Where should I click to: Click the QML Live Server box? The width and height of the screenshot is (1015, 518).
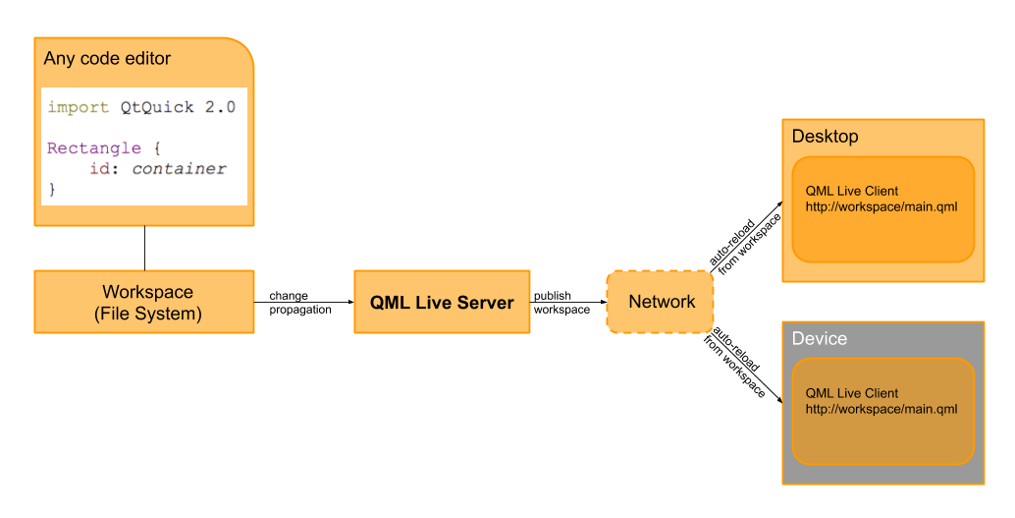pyautogui.click(x=442, y=302)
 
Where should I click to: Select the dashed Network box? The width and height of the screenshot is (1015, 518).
pyautogui.click(x=660, y=302)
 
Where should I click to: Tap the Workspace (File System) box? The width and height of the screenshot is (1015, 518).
pyautogui.click(x=144, y=302)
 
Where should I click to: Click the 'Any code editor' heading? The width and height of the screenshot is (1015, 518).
pyautogui.click(x=107, y=59)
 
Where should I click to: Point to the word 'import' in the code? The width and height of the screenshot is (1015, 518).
pyautogui.click(x=79, y=107)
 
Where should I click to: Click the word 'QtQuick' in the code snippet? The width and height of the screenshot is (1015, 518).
pyautogui.click(x=157, y=107)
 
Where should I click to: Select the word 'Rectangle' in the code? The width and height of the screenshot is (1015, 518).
pyautogui.click(x=93, y=148)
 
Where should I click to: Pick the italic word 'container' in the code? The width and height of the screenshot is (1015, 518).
pyautogui.click(x=179, y=169)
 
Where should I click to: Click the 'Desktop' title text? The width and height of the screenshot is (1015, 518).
pyautogui.click(x=825, y=137)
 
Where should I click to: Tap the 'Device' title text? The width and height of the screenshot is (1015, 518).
pyautogui.click(x=819, y=339)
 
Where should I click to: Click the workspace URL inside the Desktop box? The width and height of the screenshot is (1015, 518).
pyautogui.click(x=881, y=207)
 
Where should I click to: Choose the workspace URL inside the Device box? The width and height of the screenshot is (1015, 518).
pyautogui.click(x=881, y=409)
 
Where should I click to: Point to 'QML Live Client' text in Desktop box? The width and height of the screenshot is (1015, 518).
pyautogui.click(x=851, y=192)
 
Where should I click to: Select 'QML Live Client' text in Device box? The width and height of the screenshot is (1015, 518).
pyautogui.click(x=851, y=393)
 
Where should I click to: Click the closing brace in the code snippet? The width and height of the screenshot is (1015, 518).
pyautogui.click(x=52, y=190)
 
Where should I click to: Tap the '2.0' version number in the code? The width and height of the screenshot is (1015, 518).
pyautogui.click(x=220, y=107)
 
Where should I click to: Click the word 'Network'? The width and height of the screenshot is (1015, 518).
pyautogui.click(x=662, y=302)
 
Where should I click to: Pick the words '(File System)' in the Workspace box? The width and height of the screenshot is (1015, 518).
pyautogui.click(x=147, y=315)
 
